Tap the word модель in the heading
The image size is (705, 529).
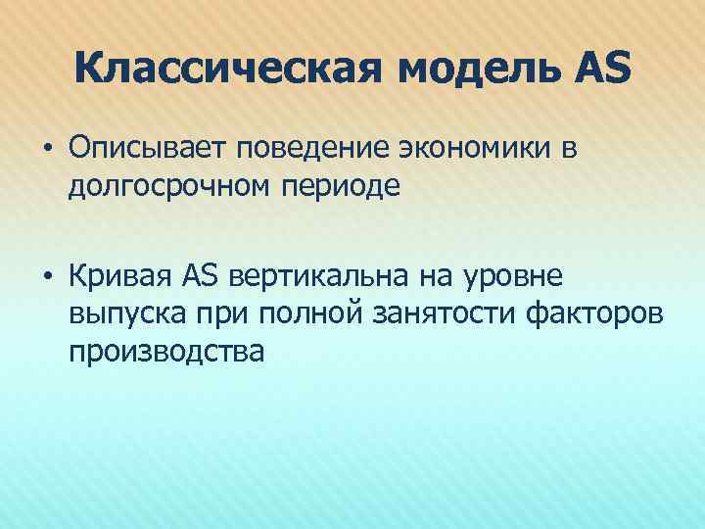tap(475, 72)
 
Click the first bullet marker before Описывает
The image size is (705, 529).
tap(47, 149)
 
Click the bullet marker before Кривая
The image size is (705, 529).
tap(47, 279)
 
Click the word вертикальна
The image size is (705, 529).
tap(317, 279)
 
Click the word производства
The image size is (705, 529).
tap(165, 350)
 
